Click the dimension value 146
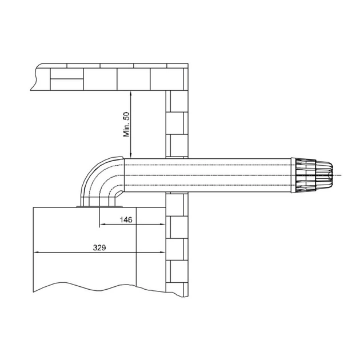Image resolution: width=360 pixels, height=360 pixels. (126, 220)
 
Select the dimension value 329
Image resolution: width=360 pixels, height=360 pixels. (99, 247)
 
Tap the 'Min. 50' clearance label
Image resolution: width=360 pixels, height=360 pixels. (126, 125)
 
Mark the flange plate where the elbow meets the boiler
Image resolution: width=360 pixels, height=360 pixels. (99, 207)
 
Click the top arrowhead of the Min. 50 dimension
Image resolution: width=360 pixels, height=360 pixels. (130, 94)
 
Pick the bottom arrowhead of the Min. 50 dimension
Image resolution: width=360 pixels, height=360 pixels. (130, 155)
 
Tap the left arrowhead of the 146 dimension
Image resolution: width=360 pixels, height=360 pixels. (102, 224)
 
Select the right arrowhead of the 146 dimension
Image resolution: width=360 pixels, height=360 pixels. (162, 224)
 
